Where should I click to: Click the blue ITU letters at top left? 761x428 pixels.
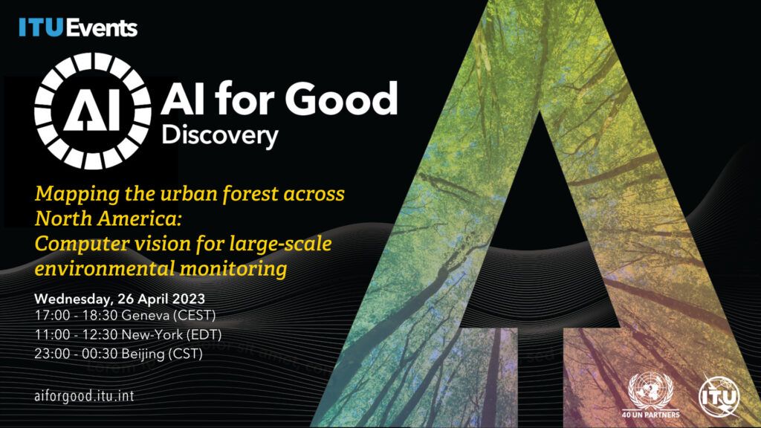coord(42,27)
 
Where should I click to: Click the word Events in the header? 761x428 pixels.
coord(101,27)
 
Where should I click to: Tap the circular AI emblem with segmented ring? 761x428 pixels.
coord(93,111)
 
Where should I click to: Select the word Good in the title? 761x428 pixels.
coord(341,99)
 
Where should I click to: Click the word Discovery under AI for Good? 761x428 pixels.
coord(220,136)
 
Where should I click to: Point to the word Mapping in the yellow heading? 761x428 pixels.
coord(77,195)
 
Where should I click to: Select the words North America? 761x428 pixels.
coord(108,218)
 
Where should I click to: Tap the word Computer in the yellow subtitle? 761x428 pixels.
coord(82,244)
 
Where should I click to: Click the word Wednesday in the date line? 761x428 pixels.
coord(73,299)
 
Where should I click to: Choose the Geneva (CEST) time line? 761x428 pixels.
coord(125,315)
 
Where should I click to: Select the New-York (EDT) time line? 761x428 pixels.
coord(128,335)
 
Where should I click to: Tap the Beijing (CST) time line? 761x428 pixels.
coord(118,354)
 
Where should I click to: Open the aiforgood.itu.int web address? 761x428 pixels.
coord(85,396)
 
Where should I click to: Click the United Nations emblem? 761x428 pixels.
coord(650,391)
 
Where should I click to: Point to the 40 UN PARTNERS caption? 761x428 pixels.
coord(651,415)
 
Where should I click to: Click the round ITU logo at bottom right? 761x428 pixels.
coord(719,397)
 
